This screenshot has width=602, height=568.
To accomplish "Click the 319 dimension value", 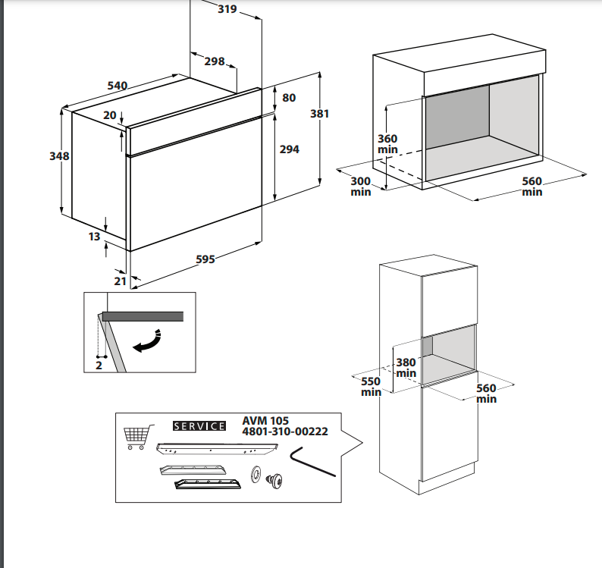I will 227,9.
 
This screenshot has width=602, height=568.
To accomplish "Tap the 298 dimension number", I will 215,61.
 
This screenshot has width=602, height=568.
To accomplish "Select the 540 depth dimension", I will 117,86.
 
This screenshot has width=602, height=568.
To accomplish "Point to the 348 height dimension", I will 59,156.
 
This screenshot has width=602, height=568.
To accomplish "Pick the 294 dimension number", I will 290,149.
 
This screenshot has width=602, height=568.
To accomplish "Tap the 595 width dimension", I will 205,259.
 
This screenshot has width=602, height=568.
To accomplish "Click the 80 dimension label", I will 289,98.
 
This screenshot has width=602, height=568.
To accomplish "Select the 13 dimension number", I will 94,237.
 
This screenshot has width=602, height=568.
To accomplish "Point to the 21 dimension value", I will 120,281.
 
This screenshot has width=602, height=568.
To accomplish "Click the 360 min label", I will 387,144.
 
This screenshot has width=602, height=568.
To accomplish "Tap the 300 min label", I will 361,187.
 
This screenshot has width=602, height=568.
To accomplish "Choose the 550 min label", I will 371,387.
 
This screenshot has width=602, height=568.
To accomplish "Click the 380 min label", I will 406,368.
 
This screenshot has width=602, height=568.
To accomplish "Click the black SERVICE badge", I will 199,426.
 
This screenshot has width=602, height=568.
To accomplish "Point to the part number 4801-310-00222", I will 284,431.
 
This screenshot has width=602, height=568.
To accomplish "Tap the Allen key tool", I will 311,461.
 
